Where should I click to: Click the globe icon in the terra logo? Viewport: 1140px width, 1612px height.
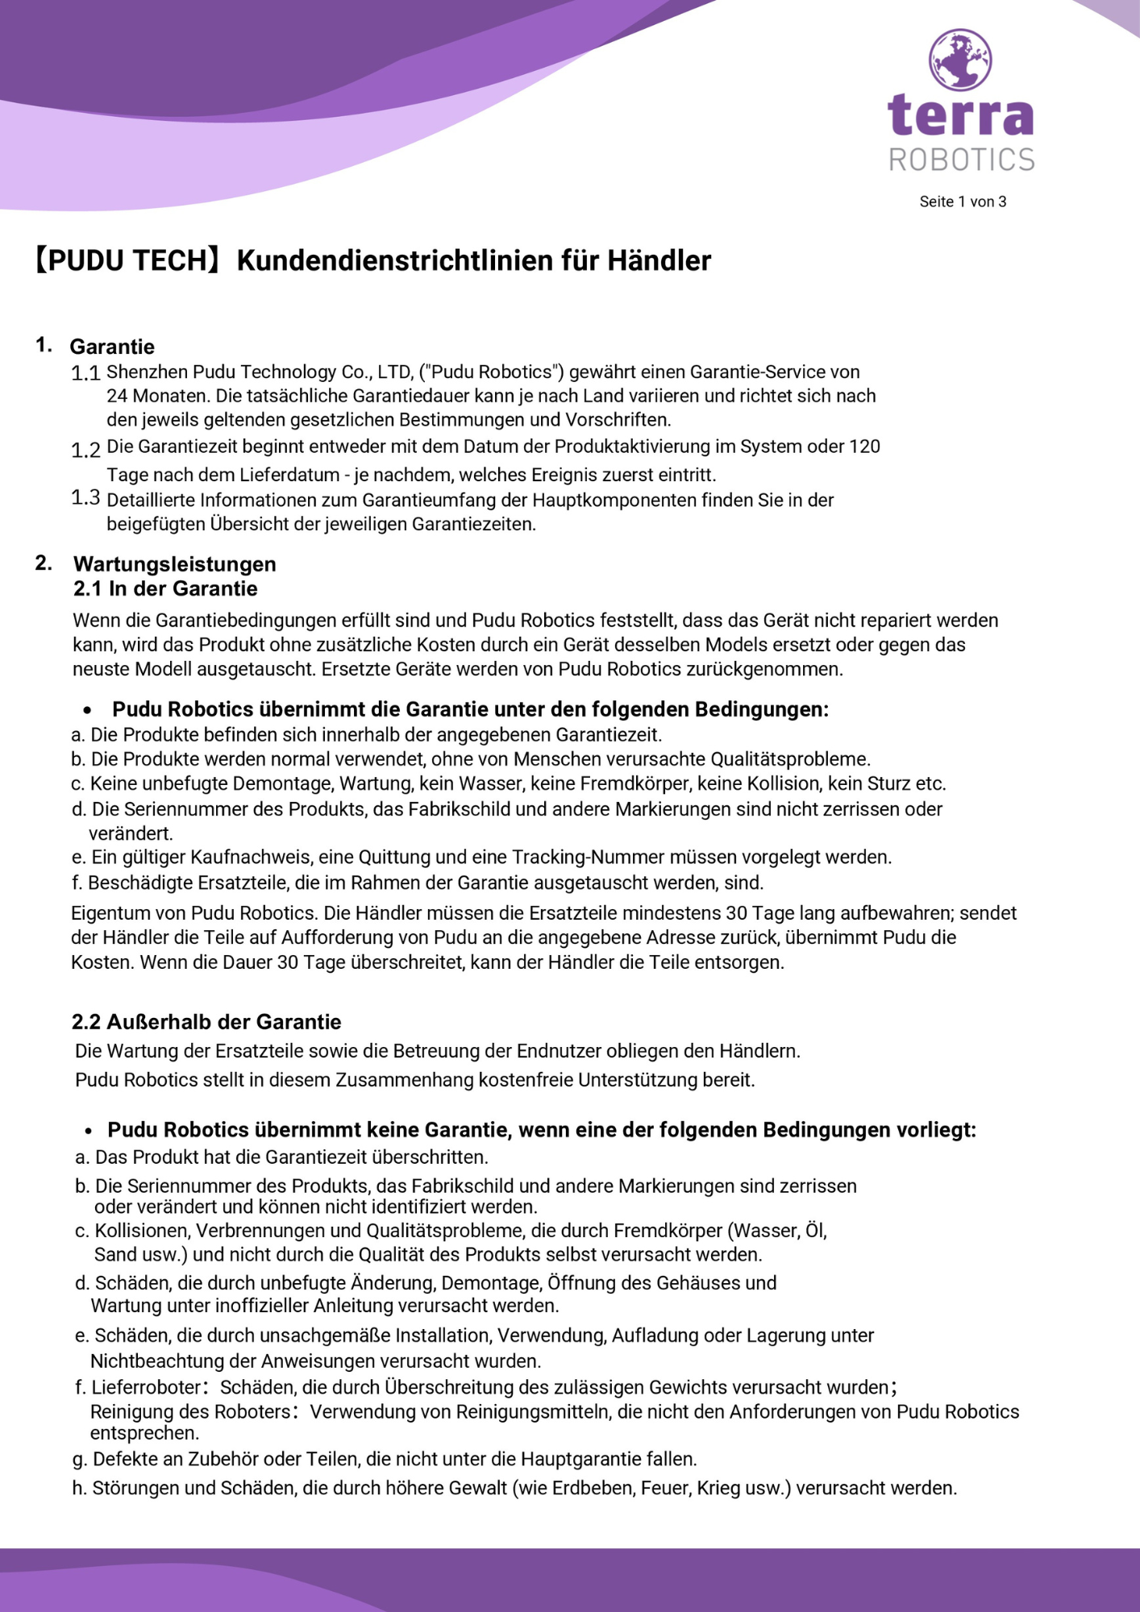click(959, 60)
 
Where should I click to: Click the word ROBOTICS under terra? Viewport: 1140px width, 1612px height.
click(961, 160)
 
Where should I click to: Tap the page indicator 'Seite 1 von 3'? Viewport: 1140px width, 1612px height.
click(963, 201)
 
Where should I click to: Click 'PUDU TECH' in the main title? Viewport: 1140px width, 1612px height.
click(127, 260)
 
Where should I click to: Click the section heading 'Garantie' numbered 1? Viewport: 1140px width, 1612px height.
click(112, 347)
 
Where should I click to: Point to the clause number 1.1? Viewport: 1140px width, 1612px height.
click(85, 373)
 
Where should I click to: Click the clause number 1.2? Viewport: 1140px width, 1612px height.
click(85, 450)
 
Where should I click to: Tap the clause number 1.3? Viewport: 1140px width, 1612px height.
click(85, 497)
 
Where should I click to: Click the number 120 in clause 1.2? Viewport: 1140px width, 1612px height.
click(864, 447)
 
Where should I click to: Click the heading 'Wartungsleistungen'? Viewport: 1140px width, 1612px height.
click(175, 563)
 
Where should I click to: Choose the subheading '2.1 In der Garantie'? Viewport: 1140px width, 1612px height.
click(165, 588)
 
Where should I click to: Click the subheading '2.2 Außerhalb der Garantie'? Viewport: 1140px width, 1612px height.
click(206, 1022)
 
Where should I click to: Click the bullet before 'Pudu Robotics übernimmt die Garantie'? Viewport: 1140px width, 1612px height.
click(88, 711)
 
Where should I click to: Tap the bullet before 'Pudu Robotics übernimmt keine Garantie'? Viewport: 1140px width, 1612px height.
click(89, 1132)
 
